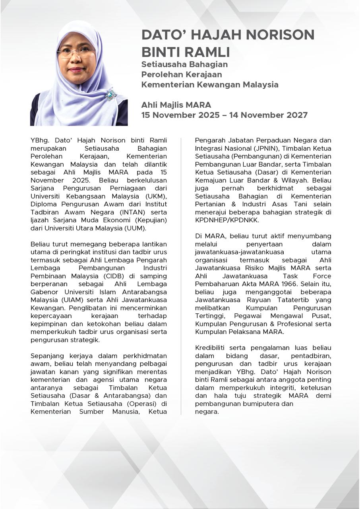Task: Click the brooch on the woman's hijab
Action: pyautogui.click(x=110, y=95)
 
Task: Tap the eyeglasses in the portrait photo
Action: pyautogui.click(x=77, y=52)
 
